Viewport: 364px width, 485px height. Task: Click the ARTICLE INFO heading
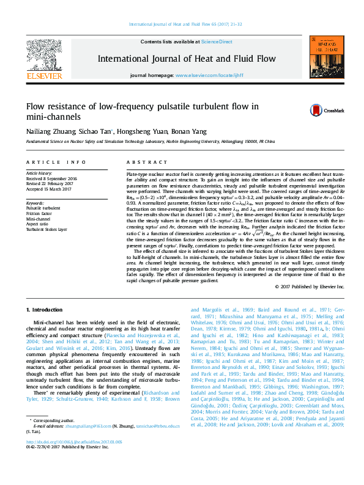tap(56, 162)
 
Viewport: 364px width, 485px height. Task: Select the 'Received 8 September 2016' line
tap(51, 178)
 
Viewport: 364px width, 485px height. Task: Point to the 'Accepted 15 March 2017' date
tap(49, 188)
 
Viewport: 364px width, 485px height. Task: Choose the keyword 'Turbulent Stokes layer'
tap(48, 228)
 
